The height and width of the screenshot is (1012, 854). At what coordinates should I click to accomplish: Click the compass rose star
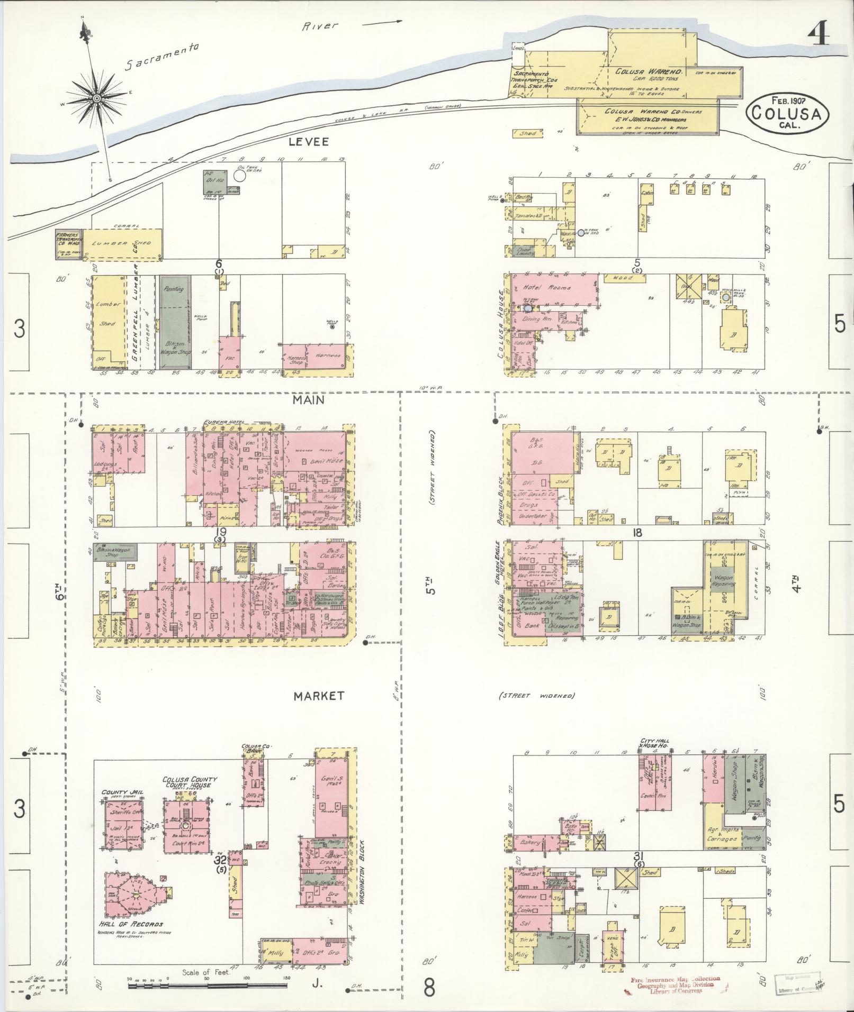[x=98, y=99]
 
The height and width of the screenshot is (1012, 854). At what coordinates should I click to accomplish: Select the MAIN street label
[x=309, y=400]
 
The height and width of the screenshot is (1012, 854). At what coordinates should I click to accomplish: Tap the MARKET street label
[x=319, y=696]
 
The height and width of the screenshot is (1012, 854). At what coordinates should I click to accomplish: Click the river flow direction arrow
[x=381, y=23]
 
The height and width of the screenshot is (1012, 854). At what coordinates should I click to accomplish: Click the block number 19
[x=221, y=531]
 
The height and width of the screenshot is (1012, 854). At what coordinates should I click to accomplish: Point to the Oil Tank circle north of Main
[x=240, y=176]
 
